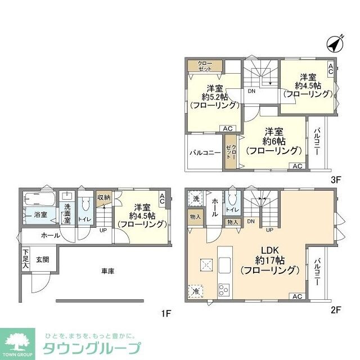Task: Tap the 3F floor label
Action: pos(336,181)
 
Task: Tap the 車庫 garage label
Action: pos(108,271)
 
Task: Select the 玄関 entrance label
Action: pos(43,259)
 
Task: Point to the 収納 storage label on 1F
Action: pos(103,197)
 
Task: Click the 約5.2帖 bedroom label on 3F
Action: pos(214,96)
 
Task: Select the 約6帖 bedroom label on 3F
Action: pos(273,139)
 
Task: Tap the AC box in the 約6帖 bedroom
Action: pos(297,166)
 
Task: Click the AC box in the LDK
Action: pos(297,296)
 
